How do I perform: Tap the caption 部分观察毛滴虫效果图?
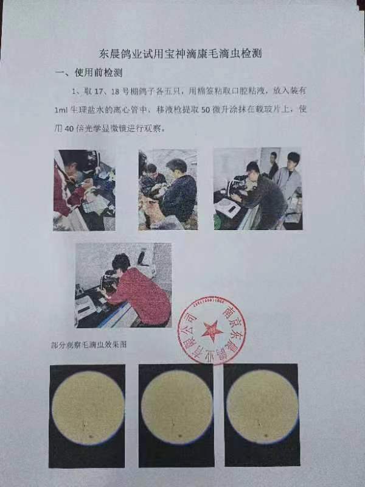[x=93, y=345]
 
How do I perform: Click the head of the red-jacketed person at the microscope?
[x=120, y=262]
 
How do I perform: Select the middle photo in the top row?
[x=167, y=189]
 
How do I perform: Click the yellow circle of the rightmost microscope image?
[x=262, y=406]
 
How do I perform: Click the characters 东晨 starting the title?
[x=109, y=54]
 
